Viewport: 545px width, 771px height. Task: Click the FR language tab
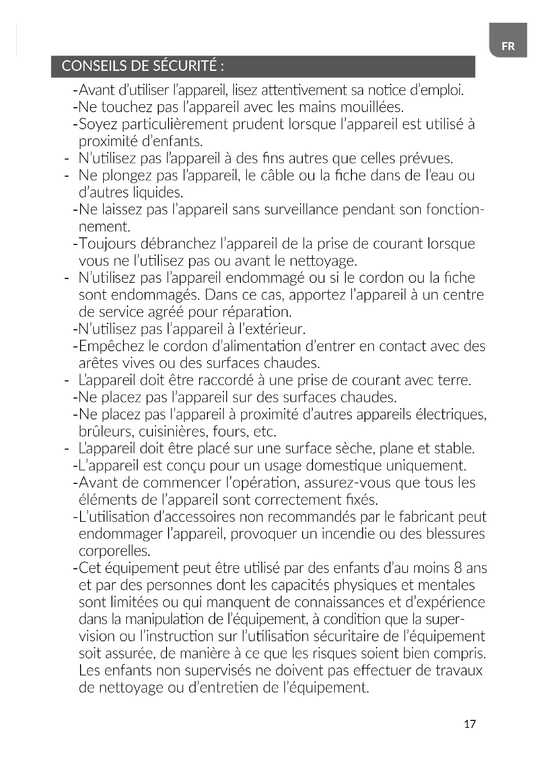click(x=508, y=46)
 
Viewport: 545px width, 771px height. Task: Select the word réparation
click(x=257, y=312)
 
